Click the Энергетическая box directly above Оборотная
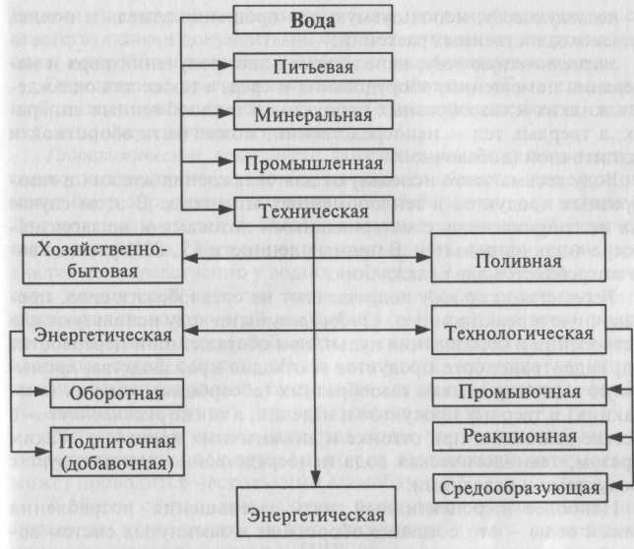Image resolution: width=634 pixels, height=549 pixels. (90, 360)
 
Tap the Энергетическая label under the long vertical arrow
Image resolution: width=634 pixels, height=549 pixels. (313, 516)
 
